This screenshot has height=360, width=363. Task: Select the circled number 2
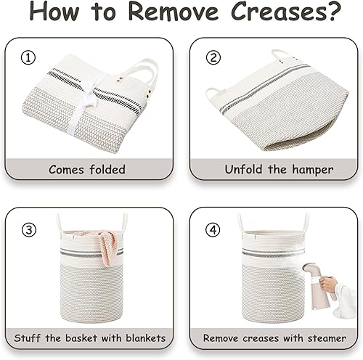[x=213, y=58]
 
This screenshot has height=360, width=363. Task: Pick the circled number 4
[x=213, y=230]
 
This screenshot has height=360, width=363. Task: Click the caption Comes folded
[x=87, y=169]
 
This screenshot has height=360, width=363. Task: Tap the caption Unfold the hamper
[x=279, y=169]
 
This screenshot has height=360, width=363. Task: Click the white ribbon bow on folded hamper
[x=86, y=102]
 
